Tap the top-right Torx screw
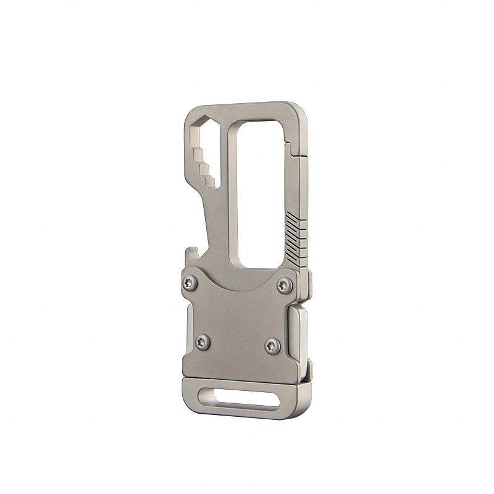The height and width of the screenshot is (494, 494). click(x=283, y=285)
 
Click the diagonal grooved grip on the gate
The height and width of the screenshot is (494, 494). click(x=296, y=238)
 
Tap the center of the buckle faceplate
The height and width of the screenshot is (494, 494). click(x=238, y=321)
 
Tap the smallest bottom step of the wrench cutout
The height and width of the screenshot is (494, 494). click(x=211, y=182)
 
